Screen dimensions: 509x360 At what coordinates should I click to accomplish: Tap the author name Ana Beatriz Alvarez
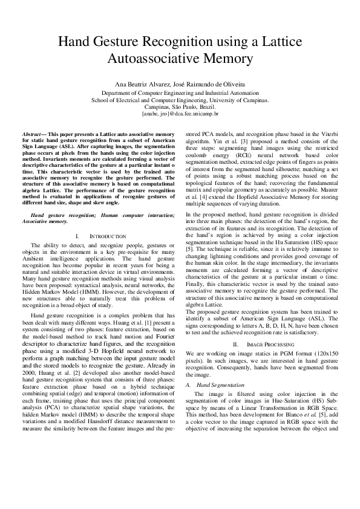[139, 83]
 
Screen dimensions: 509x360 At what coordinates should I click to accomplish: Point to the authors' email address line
[180, 113]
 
